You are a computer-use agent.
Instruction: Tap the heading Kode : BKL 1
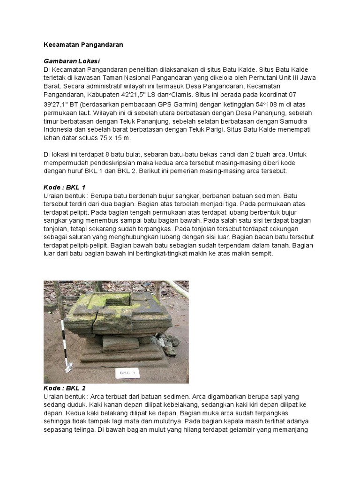coord(64,187)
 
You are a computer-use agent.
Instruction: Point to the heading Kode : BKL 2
coord(64,388)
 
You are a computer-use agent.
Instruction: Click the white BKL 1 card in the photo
coord(124,373)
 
